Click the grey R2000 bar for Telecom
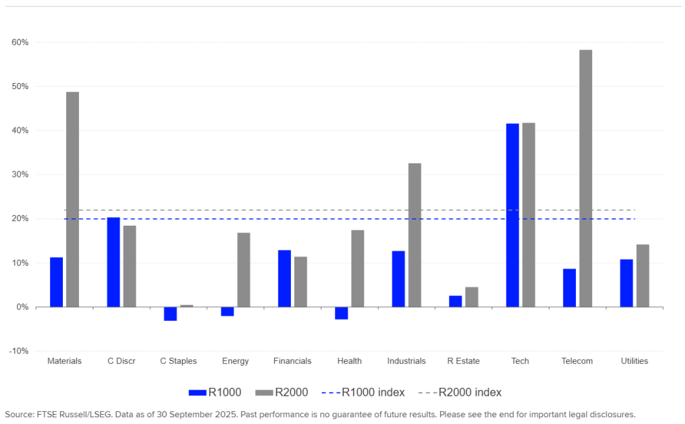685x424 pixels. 585,178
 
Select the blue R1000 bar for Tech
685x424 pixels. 512,215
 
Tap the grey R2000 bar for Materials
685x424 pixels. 72,199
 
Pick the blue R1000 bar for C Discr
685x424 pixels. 113,262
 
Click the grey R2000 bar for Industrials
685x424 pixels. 415,235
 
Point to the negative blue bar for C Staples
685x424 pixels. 171,313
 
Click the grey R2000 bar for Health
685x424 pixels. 358,269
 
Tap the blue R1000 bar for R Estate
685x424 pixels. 456,301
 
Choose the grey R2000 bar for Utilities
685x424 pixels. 642,275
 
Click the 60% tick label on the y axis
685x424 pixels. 19,42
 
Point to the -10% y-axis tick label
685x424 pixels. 18,351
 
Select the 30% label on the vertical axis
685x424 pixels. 19,175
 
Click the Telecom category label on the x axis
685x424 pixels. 577,361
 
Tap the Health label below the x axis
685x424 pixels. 349,361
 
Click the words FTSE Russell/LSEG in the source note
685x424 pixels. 70,415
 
